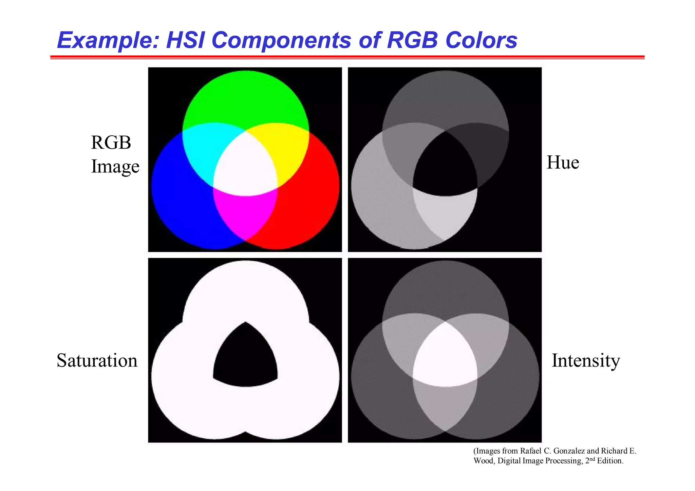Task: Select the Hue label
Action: [x=563, y=163]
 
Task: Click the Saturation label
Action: [x=97, y=360]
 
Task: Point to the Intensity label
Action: [x=586, y=360]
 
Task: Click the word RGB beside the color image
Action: [x=111, y=143]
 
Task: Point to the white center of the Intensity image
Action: [x=445, y=360]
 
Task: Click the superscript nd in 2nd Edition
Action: [x=592, y=459]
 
